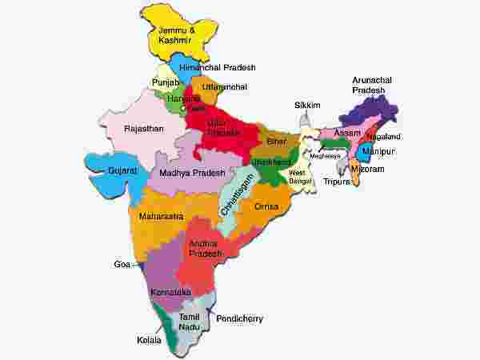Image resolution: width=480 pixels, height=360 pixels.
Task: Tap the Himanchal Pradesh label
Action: (215, 67)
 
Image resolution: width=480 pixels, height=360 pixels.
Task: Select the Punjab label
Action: (166, 83)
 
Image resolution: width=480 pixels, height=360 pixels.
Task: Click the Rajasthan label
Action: (144, 128)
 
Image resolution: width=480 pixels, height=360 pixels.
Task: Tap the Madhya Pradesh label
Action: (192, 173)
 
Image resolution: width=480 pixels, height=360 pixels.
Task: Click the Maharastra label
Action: (161, 216)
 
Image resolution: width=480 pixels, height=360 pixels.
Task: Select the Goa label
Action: (121, 262)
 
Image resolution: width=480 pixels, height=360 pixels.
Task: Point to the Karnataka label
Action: (170, 292)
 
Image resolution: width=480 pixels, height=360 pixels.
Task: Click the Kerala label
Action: (149, 340)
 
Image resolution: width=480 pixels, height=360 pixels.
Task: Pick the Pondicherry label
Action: (240, 318)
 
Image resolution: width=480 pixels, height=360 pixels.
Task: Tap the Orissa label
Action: (266, 206)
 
